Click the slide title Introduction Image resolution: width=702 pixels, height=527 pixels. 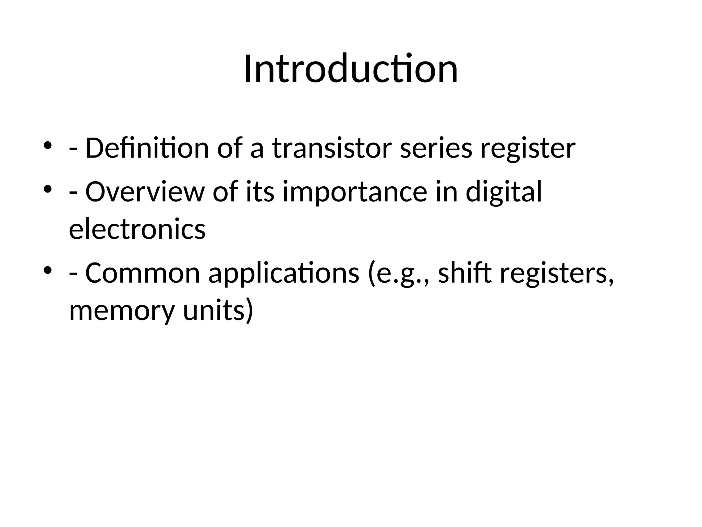(351, 69)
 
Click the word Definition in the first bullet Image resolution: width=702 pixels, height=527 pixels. (147, 148)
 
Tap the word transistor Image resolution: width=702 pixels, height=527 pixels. (331, 148)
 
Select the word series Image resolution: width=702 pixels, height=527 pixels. (436, 148)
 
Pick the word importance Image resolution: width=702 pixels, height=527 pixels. (355, 193)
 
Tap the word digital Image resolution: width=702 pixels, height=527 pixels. (504, 193)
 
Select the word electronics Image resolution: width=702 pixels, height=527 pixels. (137, 229)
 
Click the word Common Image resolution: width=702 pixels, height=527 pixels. (142, 273)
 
